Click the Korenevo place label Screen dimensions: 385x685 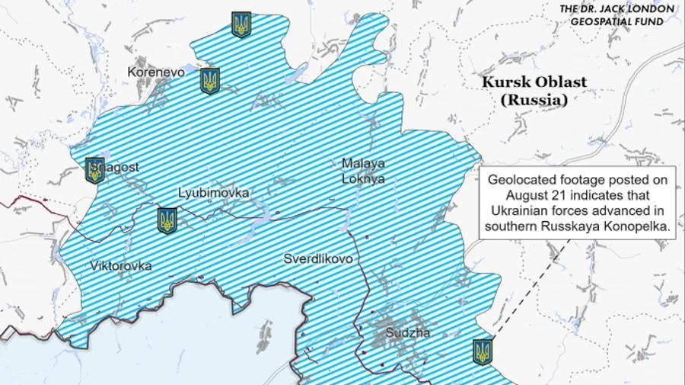[x=156, y=72]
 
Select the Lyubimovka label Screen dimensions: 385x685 [x=213, y=193]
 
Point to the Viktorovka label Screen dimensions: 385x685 [x=120, y=266]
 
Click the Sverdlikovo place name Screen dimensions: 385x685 [x=318, y=258]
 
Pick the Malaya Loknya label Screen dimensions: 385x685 [x=363, y=172]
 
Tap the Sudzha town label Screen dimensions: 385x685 [x=407, y=333]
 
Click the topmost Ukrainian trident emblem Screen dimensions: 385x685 [x=241, y=24]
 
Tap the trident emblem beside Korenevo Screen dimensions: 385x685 [x=210, y=80]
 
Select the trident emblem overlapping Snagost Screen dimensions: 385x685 [x=95, y=170]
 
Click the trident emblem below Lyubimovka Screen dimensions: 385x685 [x=167, y=220]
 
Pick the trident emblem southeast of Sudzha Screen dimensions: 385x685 [x=483, y=351]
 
